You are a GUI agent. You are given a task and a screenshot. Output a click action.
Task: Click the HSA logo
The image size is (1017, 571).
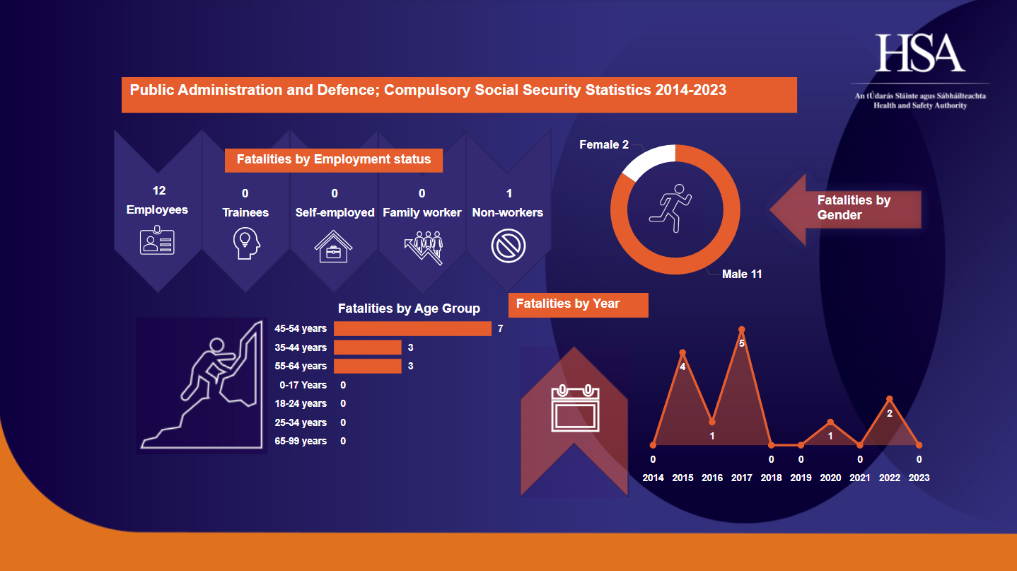(x=920, y=53)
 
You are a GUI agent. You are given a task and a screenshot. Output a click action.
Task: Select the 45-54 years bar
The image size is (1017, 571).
(x=412, y=328)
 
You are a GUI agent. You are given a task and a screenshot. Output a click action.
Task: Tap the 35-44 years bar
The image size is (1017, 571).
(x=367, y=347)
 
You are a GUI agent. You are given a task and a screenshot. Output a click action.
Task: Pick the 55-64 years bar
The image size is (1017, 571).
(x=367, y=366)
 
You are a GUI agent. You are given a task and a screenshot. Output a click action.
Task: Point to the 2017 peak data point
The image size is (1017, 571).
(x=742, y=330)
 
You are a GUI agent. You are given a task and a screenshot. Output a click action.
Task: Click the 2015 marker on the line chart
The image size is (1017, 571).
(x=682, y=352)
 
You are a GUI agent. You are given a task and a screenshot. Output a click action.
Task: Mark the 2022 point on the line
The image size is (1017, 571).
(x=890, y=399)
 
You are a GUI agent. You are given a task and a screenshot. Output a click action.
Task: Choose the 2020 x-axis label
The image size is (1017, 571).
(x=830, y=478)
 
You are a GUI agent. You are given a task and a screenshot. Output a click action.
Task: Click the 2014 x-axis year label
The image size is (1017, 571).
(x=653, y=478)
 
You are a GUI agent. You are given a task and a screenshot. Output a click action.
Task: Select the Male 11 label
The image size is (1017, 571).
(x=742, y=274)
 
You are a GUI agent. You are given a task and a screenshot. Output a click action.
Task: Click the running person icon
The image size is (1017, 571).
(x=670, y=208)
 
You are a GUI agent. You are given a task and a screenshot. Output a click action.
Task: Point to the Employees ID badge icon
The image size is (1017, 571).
(x=157, y=241)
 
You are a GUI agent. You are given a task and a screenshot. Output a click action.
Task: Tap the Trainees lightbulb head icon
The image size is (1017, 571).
(x=246, y=244)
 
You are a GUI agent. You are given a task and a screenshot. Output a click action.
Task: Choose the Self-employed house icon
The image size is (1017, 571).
(x=334, y=246)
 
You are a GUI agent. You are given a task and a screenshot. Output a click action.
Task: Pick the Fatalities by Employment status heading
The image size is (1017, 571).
(x=334, y=160)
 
